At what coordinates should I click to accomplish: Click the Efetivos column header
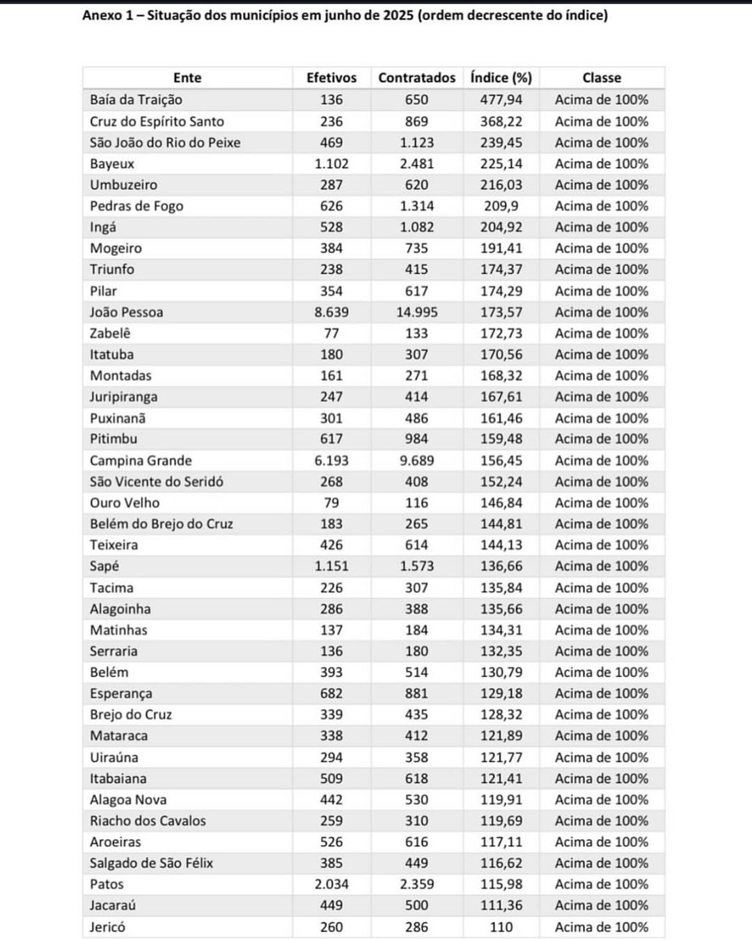[331, 78]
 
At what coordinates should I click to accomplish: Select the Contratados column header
[416, 78]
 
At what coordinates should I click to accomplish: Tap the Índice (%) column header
[501, 78]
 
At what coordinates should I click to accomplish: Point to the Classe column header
[602, 78]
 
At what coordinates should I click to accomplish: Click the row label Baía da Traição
[136, 100]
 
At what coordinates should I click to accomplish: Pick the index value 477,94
[501, 100]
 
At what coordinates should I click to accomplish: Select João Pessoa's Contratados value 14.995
[416, 312]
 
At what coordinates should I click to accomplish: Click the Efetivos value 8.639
[331, 312]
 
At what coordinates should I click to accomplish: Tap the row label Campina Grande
[141, 460]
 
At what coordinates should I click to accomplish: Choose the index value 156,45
[501, 460]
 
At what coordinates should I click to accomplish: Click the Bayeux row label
[112, 164]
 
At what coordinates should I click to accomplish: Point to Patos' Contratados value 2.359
[416, 884]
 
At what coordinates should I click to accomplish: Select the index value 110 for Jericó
[501, 927]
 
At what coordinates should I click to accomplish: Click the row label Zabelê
[110, 333]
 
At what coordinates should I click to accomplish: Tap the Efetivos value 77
[331, 333]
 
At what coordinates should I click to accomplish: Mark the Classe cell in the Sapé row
[602, 566]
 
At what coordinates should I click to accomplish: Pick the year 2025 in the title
[397, 15]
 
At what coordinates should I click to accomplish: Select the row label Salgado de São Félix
[151, 863]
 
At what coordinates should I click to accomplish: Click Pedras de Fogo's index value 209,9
[501, 206]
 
